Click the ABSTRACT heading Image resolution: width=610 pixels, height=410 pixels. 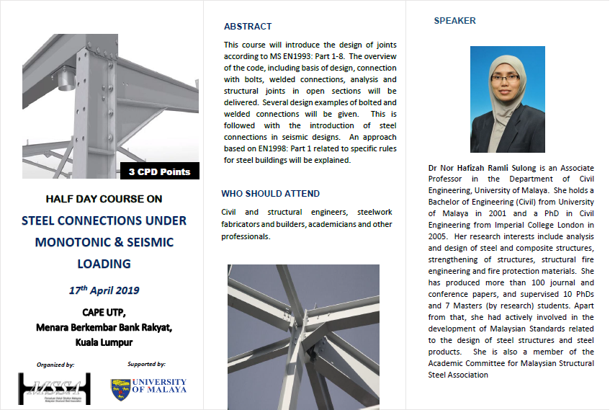248,27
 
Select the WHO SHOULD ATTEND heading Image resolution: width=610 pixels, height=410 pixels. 271,194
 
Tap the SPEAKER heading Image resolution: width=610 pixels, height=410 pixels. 454,21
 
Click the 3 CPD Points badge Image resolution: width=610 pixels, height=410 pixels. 160,171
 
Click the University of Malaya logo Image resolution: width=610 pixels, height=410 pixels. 148,386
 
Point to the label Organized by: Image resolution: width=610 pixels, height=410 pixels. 55,365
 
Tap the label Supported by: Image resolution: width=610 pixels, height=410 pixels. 146,365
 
